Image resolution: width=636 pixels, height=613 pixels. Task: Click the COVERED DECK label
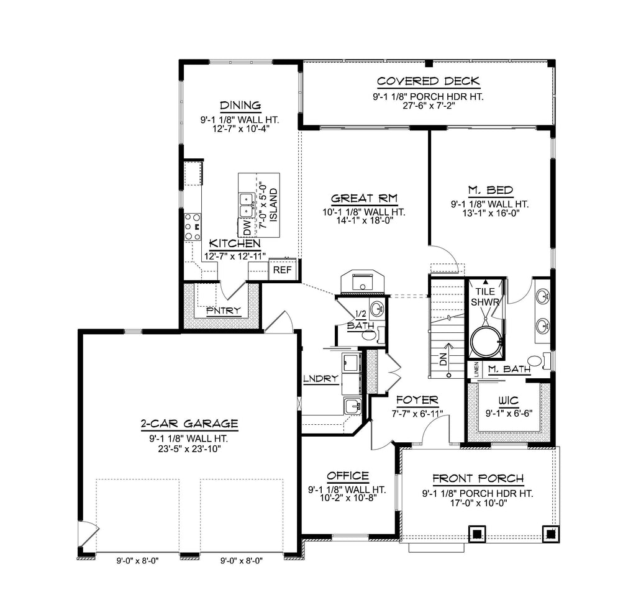429,81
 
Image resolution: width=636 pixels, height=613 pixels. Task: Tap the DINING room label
240,106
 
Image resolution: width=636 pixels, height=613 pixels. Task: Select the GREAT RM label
364,198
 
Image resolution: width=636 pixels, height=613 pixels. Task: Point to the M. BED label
491,190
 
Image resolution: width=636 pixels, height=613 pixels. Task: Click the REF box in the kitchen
283,270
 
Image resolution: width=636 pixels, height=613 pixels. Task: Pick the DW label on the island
247,229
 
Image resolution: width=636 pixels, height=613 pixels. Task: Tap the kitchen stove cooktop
193,227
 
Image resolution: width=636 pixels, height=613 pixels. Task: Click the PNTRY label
224,311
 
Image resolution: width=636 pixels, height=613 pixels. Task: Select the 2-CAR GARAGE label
189,424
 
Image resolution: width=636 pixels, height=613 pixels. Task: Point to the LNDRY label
321,378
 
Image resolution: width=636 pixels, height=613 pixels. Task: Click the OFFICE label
348,476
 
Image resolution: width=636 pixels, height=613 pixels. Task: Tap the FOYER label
417,400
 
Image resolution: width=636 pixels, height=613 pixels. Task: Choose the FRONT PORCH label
478,479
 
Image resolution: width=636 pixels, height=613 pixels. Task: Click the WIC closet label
509,401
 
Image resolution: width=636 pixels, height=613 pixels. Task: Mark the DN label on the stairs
443,358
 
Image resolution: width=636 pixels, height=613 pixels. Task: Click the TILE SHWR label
485,296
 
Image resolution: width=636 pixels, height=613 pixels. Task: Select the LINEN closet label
476,369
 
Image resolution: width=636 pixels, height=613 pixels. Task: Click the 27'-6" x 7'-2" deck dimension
429,106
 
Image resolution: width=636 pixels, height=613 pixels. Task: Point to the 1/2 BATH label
361,319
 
